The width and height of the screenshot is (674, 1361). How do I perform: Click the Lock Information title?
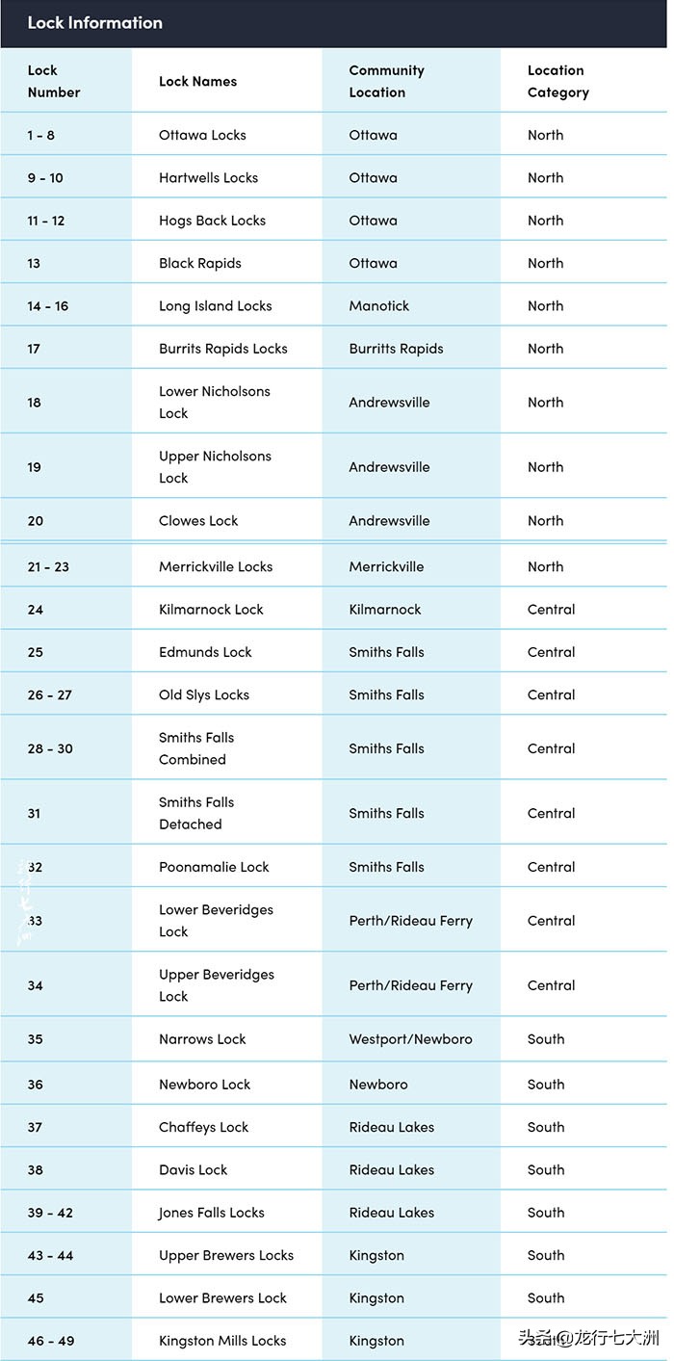coord(94,22)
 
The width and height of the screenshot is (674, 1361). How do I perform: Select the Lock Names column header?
coord(197,82)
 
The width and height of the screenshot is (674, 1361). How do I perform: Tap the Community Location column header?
coord(386,81)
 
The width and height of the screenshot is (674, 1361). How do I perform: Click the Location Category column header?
coord(557,81)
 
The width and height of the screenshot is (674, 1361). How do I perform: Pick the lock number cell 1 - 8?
coord(41,135)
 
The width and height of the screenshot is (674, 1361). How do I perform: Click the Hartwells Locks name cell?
coord(208,177)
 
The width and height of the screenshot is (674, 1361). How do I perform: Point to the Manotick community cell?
coord(378,305)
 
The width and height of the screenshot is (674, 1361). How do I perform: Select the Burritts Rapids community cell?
coord(396,349)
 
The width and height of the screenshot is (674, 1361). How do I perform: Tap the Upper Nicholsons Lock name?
coord(215,466)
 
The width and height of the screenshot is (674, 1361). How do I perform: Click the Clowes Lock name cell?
coord(198,520)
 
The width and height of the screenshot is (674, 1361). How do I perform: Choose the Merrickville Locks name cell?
coord(216,566)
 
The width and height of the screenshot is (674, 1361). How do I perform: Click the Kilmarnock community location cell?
coord(385,609)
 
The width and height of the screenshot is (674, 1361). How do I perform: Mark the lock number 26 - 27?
coord(49,694)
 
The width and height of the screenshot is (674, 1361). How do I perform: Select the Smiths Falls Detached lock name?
coord(196,813)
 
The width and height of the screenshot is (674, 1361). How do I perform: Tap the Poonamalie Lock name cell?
coord(214,867)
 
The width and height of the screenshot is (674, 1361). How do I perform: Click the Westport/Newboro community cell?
coord(410,1039)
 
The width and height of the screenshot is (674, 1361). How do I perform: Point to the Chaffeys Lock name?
coord(203,1127)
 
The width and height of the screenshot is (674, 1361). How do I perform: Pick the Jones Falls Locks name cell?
coord(211,1213)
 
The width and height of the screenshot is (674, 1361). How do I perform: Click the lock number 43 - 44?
coord(50,1255)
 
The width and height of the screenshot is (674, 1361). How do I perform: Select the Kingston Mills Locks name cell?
coord(222,1341)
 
